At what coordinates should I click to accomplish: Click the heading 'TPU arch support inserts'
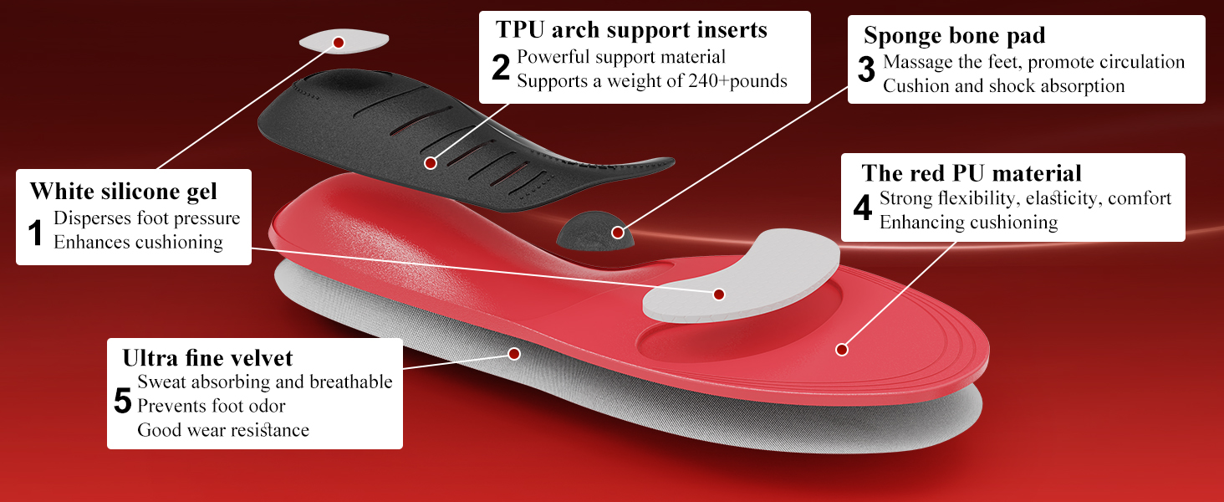(x=631, y=30)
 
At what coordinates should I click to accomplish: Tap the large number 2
(x=500, y=68)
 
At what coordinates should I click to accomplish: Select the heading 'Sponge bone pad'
(x=954, y=36)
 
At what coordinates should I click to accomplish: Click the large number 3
(x=866, y=72)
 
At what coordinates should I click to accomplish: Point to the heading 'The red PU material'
(x=972, y=173)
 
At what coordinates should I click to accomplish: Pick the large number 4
(x=863, y=208)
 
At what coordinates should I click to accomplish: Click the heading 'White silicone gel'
(x=124, y=191)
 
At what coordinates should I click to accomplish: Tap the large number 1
(x=36, y=233)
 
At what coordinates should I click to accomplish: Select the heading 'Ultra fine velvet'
(x=207, y=358)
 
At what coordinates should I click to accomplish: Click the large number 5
(x=123, y=403)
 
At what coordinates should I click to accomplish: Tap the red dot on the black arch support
(x=431, y=163)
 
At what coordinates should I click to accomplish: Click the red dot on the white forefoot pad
(x=719, y=295)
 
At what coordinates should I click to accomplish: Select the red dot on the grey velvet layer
(x=514, y=354)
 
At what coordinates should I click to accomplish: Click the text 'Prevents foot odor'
(x=212, y=407)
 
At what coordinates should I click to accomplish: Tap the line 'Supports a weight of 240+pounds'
(x=652, y=81)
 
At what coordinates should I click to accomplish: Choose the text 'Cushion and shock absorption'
(x=1003, y=86)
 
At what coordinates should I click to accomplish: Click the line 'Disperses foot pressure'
(x=147, y=218)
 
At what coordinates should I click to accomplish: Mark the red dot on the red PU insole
(x=842, y=350)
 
